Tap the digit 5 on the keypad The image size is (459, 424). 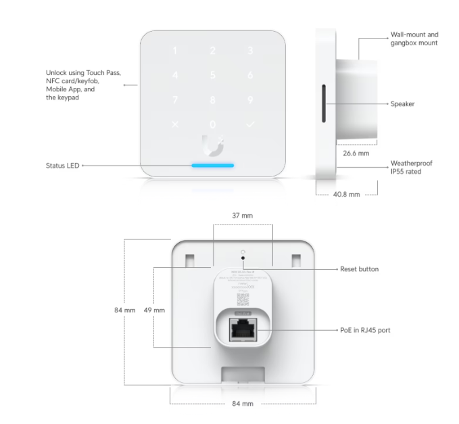(213, 75)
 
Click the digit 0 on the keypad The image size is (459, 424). (213, 124)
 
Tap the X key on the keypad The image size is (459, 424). (176, 124)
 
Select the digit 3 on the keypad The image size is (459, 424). (250, 51)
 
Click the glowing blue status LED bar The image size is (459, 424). (213, 165)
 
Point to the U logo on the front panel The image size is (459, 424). (213, 145)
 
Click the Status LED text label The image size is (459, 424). (62, 165)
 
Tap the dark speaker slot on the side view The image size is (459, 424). (324, 104)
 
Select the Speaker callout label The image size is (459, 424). (402, 104)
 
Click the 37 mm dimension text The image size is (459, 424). (242, 215)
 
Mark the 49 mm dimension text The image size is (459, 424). (155, 310)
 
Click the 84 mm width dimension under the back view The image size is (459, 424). (242, 404)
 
